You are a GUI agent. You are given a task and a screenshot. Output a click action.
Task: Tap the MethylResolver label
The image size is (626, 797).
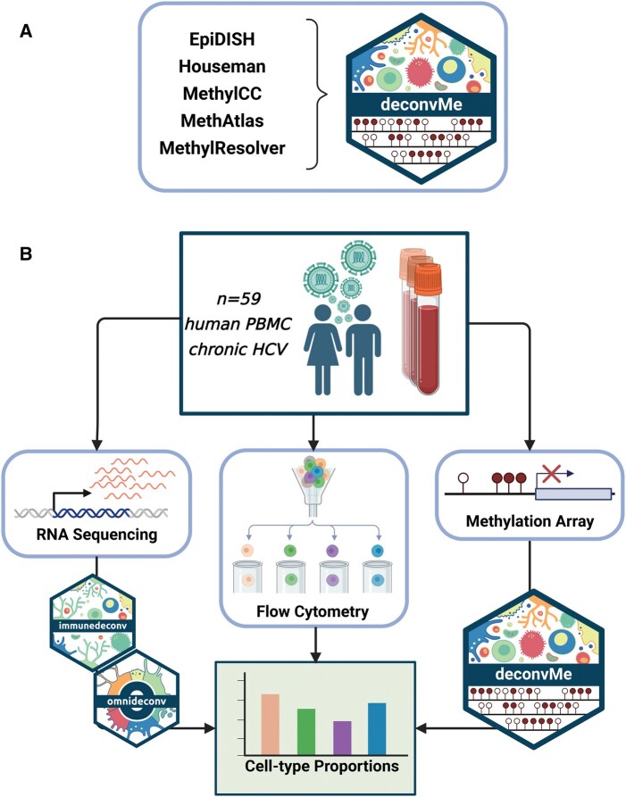click(x=231, y=146)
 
